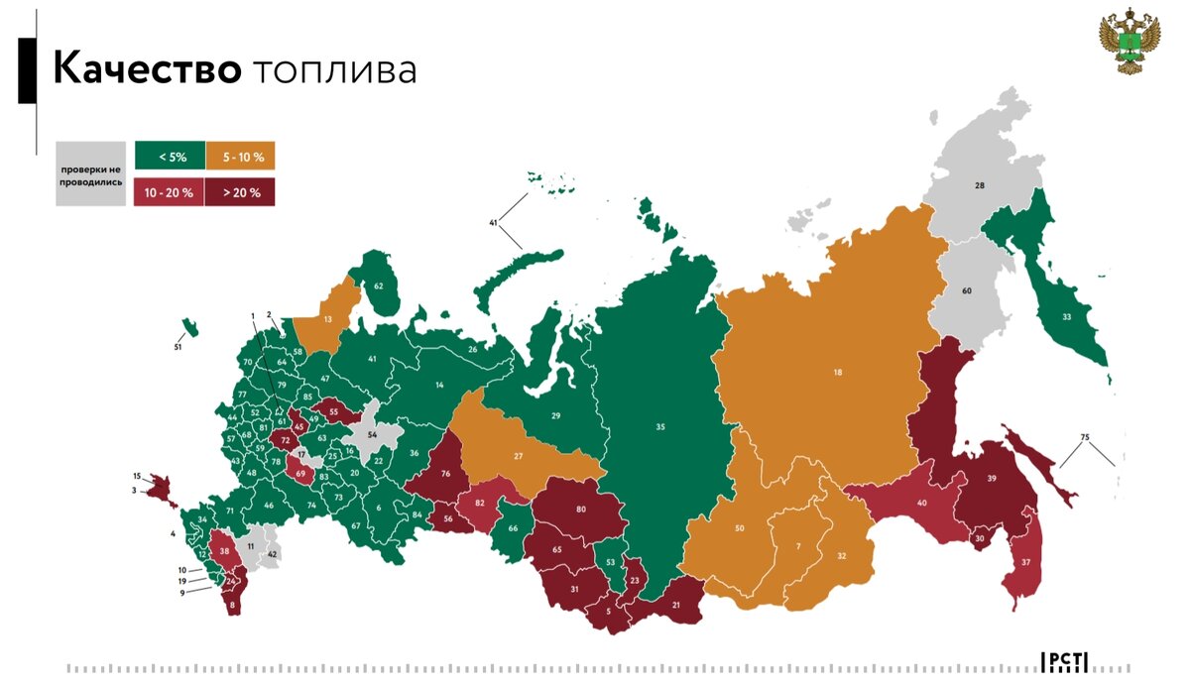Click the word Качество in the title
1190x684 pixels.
(x=146, y=70)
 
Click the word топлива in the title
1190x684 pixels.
(x=334, y=72)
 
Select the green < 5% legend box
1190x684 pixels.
(x=170, y=156)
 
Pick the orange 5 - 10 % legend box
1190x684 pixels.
(x=240, y=156)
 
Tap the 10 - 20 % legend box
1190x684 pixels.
(x=170, y=192)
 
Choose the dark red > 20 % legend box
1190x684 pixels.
(x=240, y=192)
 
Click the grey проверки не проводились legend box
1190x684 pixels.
(x=90, y=174)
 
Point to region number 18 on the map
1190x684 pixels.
(x=837, y=373)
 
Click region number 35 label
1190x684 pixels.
(x=659, y=428)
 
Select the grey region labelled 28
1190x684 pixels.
(x=979, y=186)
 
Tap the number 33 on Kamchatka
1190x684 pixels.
(x=1066, y=317)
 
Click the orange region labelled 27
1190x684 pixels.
(x=518, y=456)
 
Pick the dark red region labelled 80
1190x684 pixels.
(x=580, y=511)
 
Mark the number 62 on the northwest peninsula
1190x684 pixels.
(x=378, y=285)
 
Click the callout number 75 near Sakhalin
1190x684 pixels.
(x=1084, y=437)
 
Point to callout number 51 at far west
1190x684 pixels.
(x=178, y=347)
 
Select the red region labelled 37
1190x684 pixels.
(x=1025, y=562)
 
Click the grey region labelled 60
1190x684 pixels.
(x=966, y=291)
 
